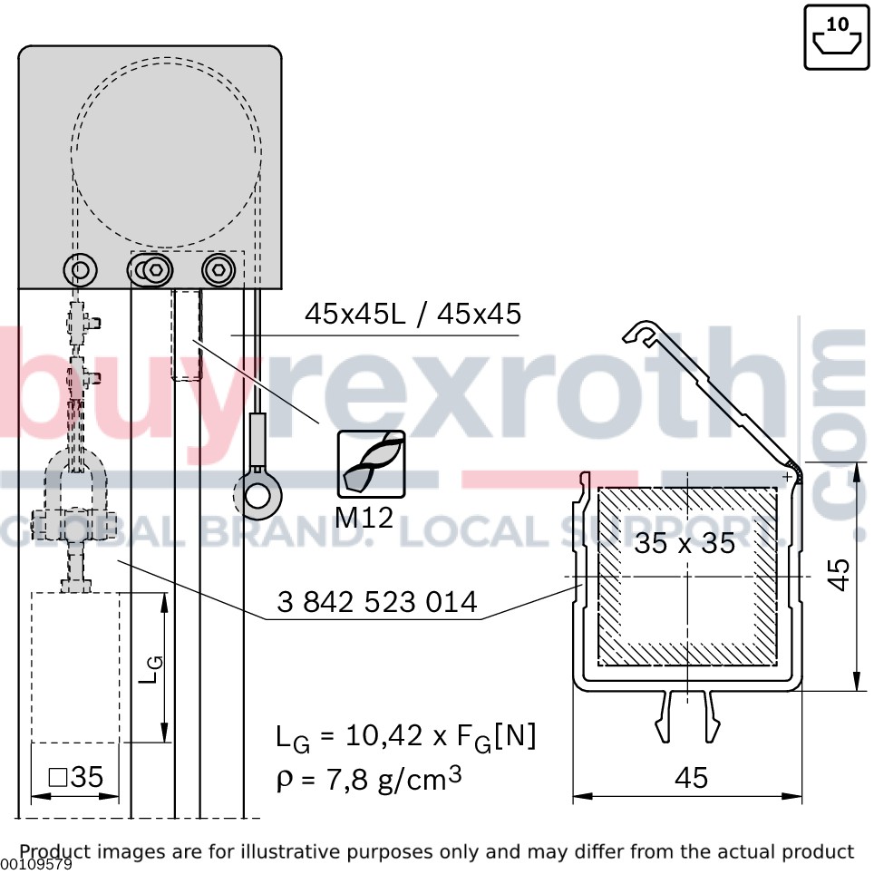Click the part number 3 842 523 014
[x=377, y=602]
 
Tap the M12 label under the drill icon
[x=364, y=518]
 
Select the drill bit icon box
[x=371, y=464]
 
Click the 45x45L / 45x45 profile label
[x=413, y=314]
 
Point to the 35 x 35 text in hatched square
[x=685, y=543]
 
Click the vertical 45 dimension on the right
[x=839, y=574]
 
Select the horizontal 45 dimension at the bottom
[x=691, y=778]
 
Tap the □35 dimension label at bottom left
[x=76, y=777]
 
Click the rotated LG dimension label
[x=151, y=669]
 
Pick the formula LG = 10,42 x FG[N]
[x=406, y=737]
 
